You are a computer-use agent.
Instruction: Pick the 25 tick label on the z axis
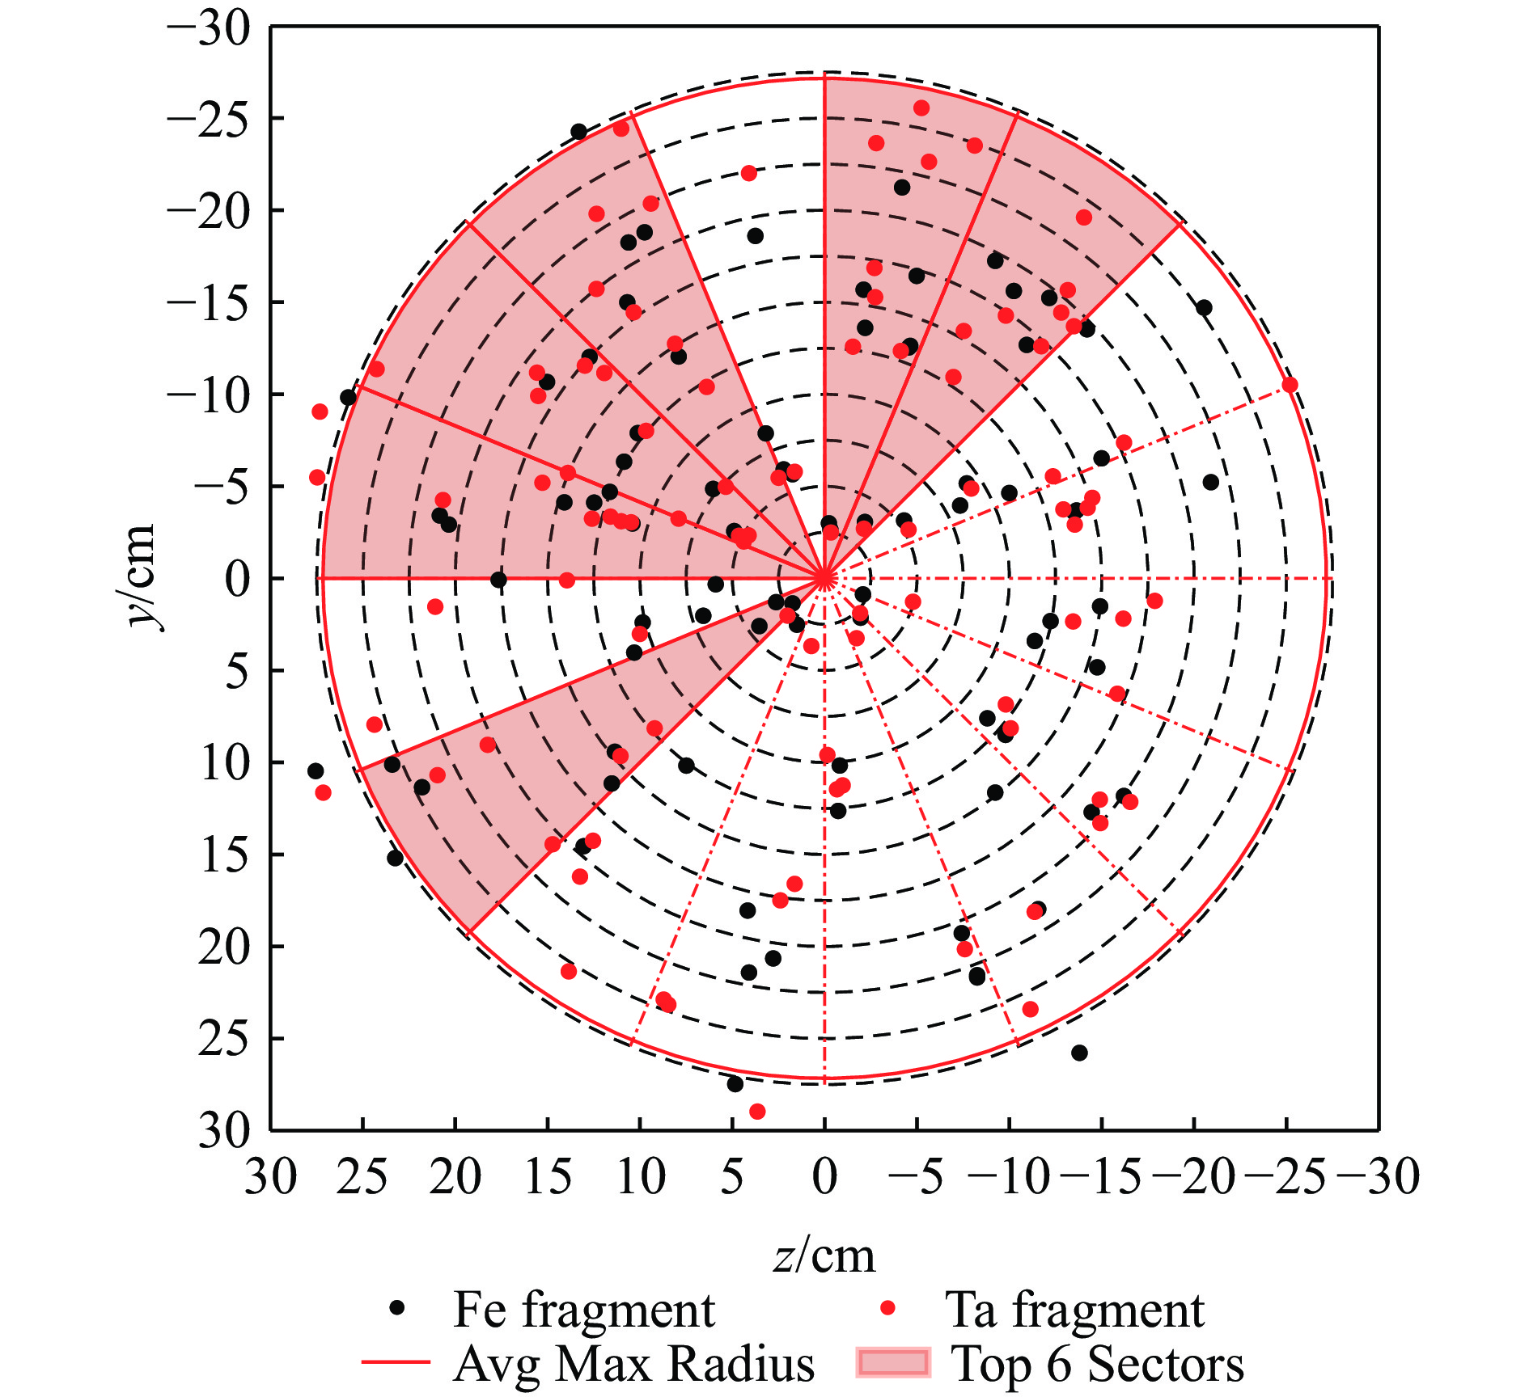(x=363, y=1176)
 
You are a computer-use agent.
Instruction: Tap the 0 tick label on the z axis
(x=824, y=1176)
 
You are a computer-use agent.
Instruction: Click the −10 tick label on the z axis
(x=1010, y=1176)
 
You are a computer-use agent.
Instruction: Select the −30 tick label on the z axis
(x=1379, y=1176)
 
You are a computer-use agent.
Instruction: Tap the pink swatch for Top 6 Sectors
(x=893, y=1363)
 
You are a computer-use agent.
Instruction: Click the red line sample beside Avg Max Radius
(x=396, y=1363)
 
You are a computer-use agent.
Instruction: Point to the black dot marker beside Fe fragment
(x=397, y=1308)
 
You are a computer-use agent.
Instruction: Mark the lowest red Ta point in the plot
(x=757, y=1112)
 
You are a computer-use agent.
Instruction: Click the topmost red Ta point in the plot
(x=921, y=108)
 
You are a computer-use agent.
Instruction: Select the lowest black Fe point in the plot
(x=735, y=1084)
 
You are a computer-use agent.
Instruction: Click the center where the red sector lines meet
(x=824, y=578)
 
